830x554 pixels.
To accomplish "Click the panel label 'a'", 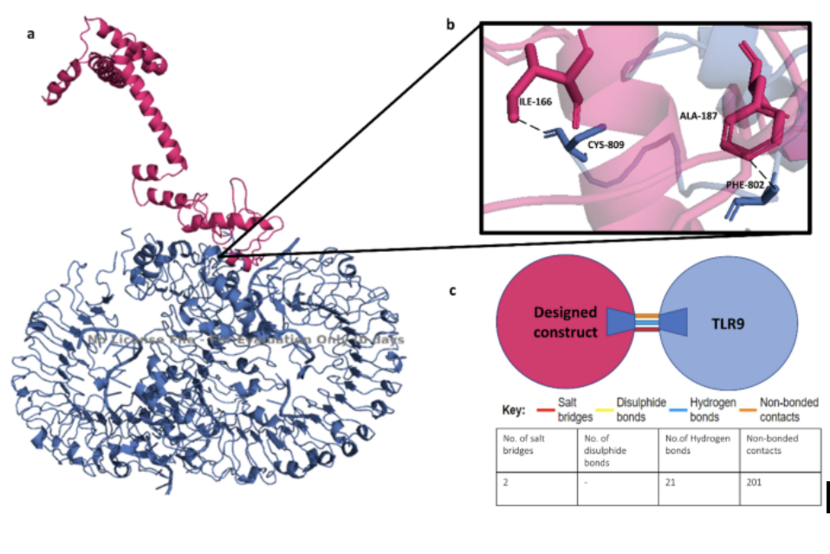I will pos(31,35).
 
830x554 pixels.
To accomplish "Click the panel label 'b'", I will pos(451,25).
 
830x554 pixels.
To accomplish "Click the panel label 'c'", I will pos(452,291).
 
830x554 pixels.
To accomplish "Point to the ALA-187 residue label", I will pos(697,115).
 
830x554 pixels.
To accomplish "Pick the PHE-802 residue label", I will pos(746,186).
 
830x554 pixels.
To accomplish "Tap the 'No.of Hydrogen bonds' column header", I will pos(700,444).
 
